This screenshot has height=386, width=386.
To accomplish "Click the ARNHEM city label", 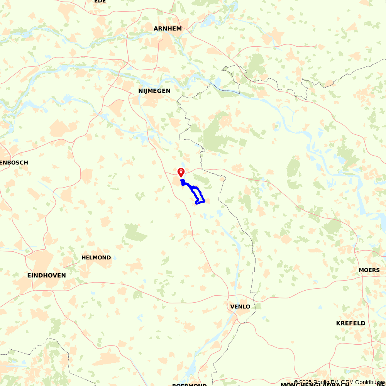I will pos(168,29).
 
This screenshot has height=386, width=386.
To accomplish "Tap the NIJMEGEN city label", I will pos(154,91).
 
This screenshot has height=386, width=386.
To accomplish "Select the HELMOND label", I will pos(96,257).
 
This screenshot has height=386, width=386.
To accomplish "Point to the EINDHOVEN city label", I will pos(46,276).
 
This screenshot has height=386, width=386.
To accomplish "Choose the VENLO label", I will pos(240,307).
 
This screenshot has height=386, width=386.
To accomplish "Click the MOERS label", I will pos(369,270).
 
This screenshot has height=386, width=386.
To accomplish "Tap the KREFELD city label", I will pos(350,323).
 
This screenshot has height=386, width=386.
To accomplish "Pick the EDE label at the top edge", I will pos(100,2).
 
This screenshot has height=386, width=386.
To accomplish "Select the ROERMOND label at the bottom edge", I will pos(189,384).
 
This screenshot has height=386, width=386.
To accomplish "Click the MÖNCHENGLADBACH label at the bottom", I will pos(315,384).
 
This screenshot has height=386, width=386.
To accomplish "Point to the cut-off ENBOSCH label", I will pos(14,163).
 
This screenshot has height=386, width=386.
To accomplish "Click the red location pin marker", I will pos(181,172).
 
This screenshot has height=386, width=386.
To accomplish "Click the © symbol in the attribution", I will pos(296,383).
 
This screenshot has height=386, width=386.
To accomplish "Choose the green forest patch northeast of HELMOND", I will pos(135,232).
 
